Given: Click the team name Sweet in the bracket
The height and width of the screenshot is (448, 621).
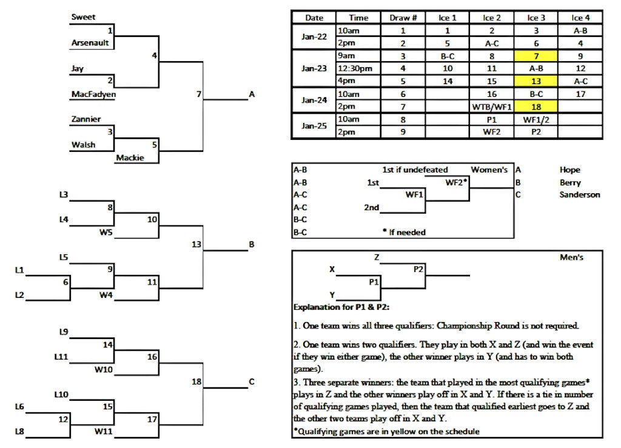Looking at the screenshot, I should (83, 18).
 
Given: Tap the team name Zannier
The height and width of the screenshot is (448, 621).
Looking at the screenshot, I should (86, 119).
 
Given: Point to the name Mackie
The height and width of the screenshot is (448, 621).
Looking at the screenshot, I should (129, 157).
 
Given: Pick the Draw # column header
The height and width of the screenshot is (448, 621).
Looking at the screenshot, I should (403, 18).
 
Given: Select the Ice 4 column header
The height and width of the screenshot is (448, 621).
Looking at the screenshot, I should (580, 18).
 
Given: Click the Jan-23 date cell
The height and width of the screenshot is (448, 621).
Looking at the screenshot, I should (314, 68).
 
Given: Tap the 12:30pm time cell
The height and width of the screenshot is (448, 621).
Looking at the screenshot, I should (358, 68).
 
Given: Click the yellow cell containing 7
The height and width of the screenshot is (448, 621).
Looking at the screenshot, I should (535, 56).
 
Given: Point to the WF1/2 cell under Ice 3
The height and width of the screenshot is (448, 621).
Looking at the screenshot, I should (535, 119).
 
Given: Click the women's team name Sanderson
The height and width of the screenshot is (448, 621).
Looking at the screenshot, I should (579, 195).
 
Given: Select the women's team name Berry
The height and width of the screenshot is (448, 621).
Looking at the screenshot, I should (570, 182).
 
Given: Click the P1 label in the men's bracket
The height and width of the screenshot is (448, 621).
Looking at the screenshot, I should (374, 282).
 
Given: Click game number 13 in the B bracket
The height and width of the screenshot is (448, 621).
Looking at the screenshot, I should (195, 245).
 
